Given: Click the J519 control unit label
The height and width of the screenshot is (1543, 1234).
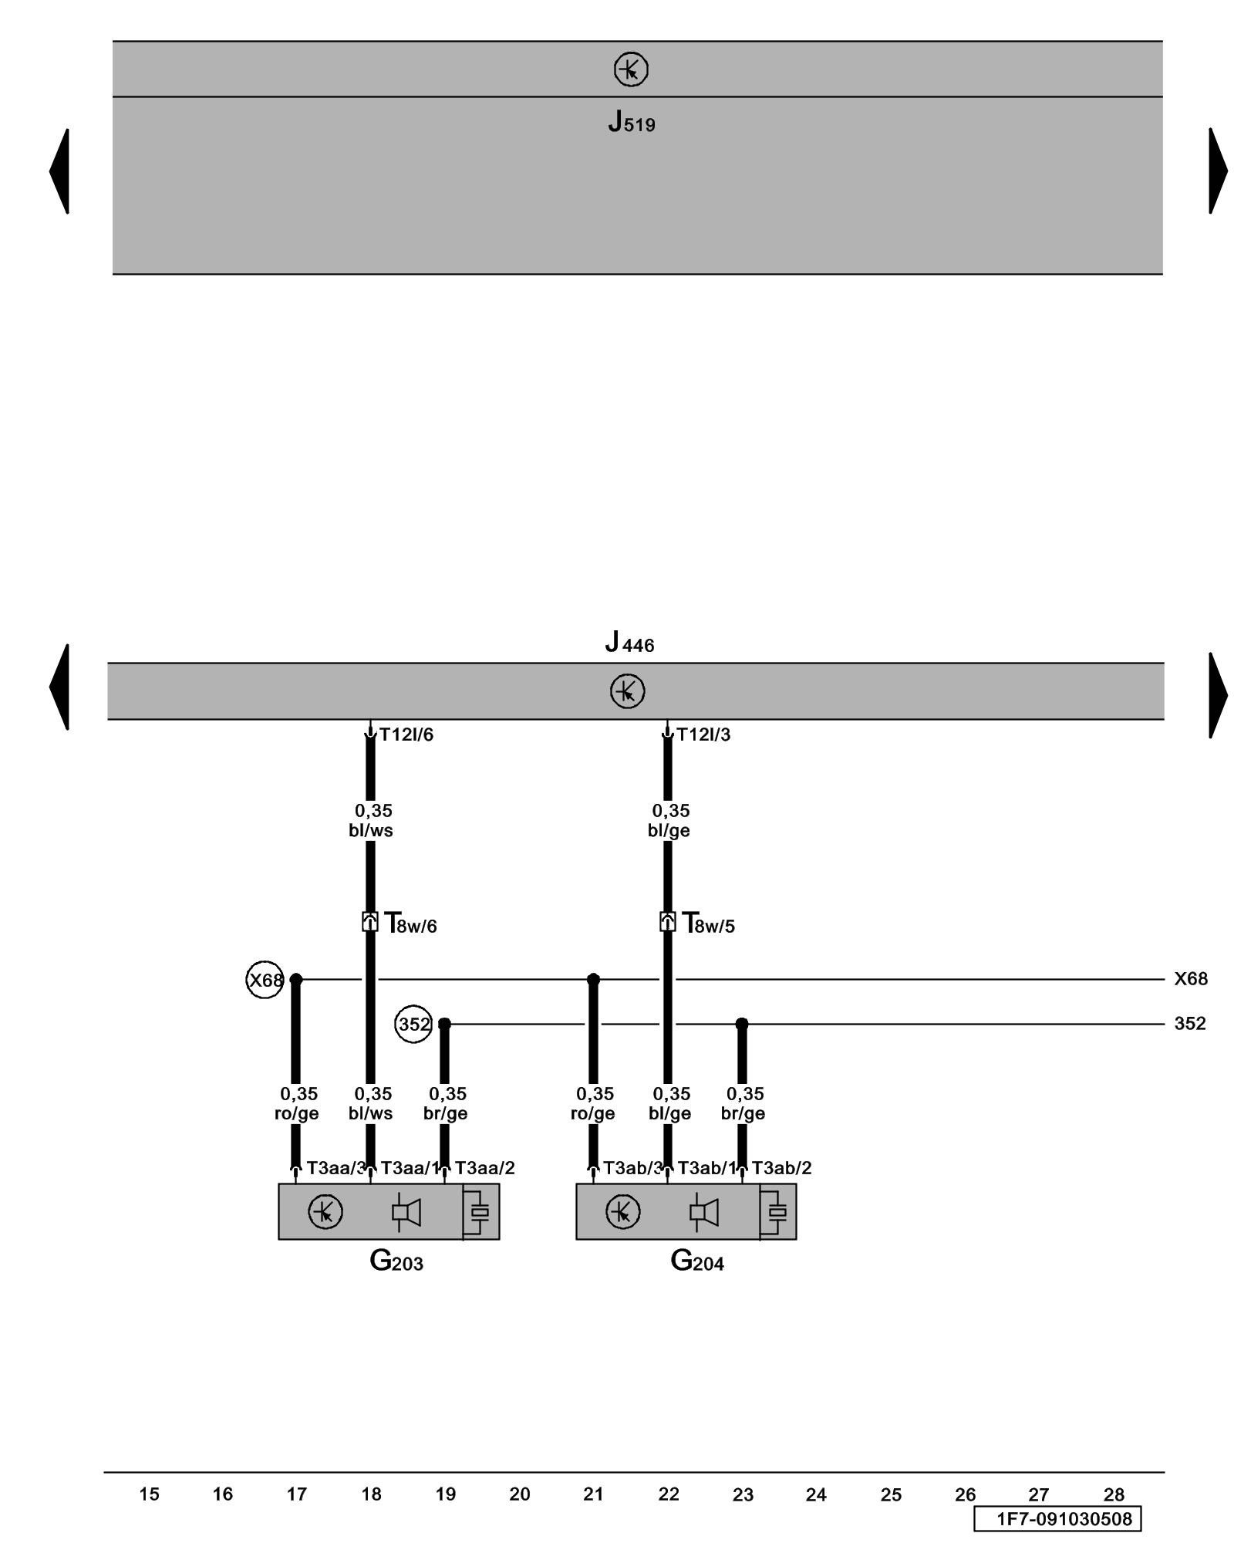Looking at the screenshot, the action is [x=631, y=122].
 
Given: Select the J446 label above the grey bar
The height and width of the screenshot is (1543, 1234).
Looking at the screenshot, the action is [x=629, y=642].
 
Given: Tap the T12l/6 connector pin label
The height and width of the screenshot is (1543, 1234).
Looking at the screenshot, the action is [x=406, y=734].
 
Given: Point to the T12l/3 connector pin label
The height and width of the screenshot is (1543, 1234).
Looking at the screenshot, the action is [x=703, y=734].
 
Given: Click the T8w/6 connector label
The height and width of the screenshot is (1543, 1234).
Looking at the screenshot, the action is [x=410, y=923].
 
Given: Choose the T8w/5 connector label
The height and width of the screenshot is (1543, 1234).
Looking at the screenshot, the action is [x=708, y=923].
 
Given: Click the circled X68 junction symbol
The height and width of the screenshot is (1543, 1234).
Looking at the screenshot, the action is [x=265, y=980].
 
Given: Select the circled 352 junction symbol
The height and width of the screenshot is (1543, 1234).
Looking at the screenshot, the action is [x=413, y=1025].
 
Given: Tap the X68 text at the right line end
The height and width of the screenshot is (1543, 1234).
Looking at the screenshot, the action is [x=1190, y=979].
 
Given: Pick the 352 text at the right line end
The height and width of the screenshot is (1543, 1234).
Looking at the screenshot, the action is [x=1190, y=1024].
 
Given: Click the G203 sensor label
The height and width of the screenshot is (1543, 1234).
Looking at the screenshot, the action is [x=396, y=1261].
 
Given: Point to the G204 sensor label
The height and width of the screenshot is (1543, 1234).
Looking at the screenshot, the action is [x=696, y=1261].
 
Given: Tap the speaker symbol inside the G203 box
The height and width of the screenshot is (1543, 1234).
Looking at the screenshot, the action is [x=406, y=1212].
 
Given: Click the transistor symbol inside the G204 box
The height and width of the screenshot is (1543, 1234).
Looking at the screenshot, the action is [x=622, y=1211].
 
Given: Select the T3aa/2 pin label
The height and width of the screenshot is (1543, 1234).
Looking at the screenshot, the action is [x=484, y=1168].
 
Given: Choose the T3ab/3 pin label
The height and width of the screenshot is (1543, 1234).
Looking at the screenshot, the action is [x=632, y=1168].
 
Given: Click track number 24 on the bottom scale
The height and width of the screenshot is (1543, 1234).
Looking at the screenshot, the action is [x=816, y=1495].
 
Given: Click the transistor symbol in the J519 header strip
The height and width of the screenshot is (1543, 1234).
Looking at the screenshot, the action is [x=631, y=69].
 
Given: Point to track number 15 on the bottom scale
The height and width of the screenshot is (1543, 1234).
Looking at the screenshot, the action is [x=149, y=1494].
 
